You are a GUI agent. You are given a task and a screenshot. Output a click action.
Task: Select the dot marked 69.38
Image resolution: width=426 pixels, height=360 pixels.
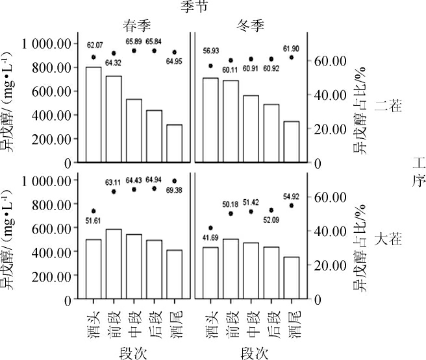[x=175, y=181]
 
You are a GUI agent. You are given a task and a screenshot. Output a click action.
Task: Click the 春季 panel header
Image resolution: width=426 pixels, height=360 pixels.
[x=139, y=25]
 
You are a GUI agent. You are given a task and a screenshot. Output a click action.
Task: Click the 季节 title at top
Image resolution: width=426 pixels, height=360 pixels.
[x=195, y=7]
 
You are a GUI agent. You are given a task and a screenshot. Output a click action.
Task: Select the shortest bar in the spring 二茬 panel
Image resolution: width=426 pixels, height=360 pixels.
[x=175, y=143]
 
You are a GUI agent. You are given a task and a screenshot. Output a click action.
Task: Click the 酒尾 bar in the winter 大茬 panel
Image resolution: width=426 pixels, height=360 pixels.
[x=292, y=278]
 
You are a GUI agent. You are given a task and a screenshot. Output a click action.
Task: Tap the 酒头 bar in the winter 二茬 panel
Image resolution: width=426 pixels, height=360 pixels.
[x=210, y=120]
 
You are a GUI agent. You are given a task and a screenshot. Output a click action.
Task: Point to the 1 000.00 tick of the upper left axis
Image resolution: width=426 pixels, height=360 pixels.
[x=45, y=44]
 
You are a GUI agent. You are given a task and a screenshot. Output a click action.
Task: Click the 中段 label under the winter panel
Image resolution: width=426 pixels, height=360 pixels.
[x=251, y=320]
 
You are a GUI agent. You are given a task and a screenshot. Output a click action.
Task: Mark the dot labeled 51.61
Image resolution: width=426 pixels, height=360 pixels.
[x=94, y=211]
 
